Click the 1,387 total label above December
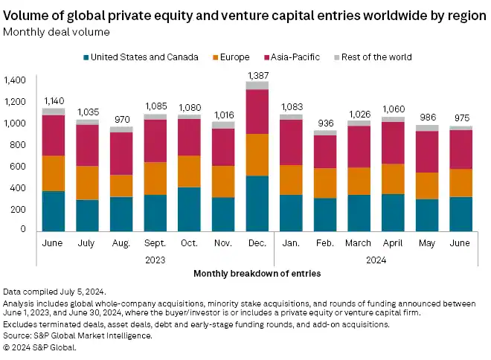pyautogui.click(x=258, y=76)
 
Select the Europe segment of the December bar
pyautogui.click(x=258, y=155)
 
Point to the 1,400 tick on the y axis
pyautogui.click(x=14, y=80)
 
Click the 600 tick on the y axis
pyautogui.click(x=18, y=166)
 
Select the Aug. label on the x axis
pyautogui.click(x=121, y=243)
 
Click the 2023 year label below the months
pyautogui.click(x=155, y=260)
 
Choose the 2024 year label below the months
pyautogui.click(x=376, y=260)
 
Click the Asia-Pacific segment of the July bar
pyautogui.click(x=86, y=145)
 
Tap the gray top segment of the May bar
pyautogui.click(x=428, y=128)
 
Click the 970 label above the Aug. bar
pyautogui.click(x=121, y=120)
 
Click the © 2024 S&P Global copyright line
pyautogui.click(x=40, y=347)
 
